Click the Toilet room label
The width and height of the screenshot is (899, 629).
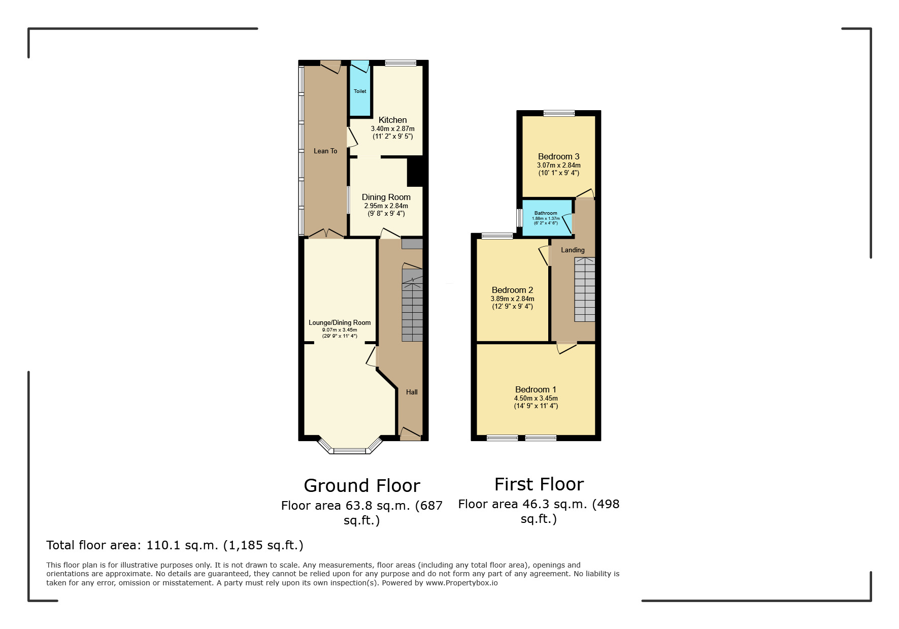coord(360,91)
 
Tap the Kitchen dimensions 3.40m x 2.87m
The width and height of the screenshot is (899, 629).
coord(392,129)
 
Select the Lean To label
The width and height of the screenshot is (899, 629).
coord(325,151)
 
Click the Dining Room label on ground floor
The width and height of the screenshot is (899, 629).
coord(386,197)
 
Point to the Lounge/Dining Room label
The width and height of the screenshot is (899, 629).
coord(340,322)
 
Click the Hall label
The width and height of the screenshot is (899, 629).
coord(412,392)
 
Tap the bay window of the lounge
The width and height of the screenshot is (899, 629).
coord(349,450)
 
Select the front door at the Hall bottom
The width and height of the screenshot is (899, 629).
coord(411,434)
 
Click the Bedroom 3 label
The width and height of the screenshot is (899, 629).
coord(558,156)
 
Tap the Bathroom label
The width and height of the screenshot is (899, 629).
coord(546,213)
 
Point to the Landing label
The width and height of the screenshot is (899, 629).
coord(573,250)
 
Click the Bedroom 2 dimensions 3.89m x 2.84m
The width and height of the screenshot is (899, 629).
coord(512,299)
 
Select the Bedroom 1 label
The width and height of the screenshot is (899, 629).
coord(536,389)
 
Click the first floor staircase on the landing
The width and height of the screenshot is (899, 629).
coord(584,289)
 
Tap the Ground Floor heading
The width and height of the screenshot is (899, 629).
coord(362,486)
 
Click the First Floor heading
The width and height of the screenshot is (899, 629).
coord(539,484)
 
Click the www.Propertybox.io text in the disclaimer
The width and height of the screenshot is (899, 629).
coord(461,583)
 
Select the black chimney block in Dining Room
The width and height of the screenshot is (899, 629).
coord(415,172)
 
